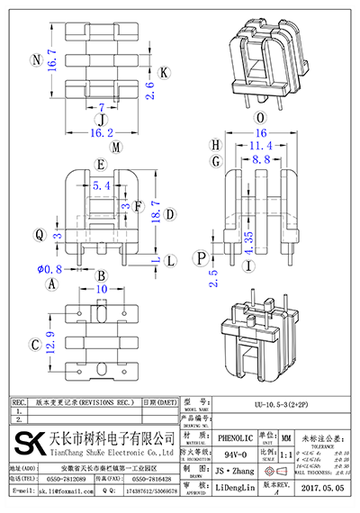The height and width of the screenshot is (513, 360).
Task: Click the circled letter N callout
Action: click(35, 61)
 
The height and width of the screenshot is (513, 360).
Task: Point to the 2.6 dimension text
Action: click(149, 90)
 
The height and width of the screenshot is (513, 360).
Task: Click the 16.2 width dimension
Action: click(101, 131)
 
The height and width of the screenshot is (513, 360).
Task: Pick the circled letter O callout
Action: click(260, 117)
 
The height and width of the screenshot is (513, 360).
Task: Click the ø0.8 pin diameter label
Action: click(48, 267)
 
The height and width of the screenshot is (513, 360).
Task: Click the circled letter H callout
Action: click(215, 145)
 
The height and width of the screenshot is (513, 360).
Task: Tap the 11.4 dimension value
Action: click(259, 145)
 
